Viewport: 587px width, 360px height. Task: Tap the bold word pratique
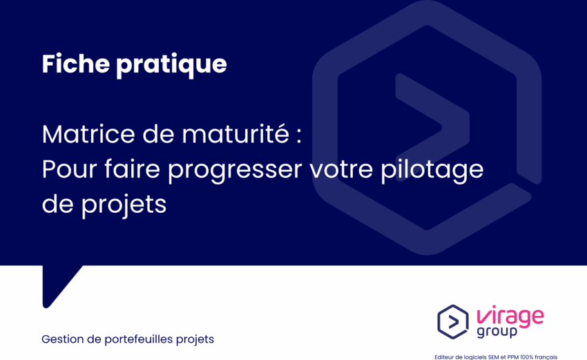[x=171, y=65]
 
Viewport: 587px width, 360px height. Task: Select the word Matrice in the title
[x=88, y=134]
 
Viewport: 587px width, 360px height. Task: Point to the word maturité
[x=235, y=134]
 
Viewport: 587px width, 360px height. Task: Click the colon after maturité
[x=298, y=136]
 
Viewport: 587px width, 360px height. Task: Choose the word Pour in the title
[x=69, y=169]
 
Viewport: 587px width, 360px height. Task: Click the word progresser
[x=235, y=171]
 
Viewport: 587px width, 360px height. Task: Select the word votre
[x=341, y=170]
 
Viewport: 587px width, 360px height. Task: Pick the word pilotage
[x=432, y=171]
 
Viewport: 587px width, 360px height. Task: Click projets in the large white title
[x=124, y=206]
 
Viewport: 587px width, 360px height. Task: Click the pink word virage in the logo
[x=510, y=316]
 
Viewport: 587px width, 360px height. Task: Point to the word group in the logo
[x=497, y=332]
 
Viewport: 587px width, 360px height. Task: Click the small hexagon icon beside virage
[x=453, y=322]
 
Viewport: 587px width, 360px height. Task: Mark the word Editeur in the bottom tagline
[x=443, y=357]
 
